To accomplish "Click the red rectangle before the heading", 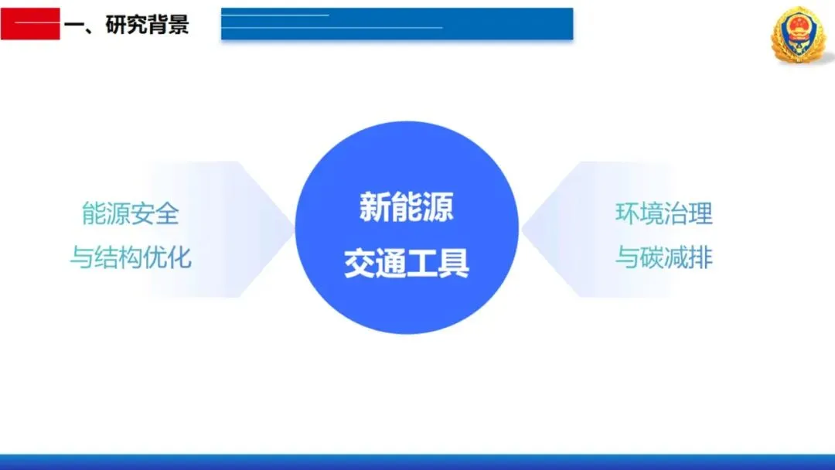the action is point(30,24).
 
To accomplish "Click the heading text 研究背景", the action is point(147,25).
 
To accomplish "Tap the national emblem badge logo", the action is point(799,35).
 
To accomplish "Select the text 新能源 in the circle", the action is point(407,207).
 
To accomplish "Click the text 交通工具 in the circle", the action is point(407,263).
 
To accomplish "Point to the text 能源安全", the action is point(131,213).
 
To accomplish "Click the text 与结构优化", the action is point(131,257).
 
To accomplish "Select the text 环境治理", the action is point(664,213).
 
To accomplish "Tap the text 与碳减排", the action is point(664,257).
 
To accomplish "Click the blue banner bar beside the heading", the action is point(397,24).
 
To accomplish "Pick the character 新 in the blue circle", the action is point(375,207).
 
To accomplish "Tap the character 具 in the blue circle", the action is point(454,263).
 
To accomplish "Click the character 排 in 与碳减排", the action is point(700,257).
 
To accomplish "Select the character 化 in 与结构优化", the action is point(179,257).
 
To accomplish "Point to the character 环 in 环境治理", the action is point(627,213).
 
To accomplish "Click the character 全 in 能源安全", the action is point(167,213).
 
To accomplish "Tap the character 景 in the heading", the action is point(179,25).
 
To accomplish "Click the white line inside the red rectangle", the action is point(36,23).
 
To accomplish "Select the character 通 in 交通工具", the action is point(391,263).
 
